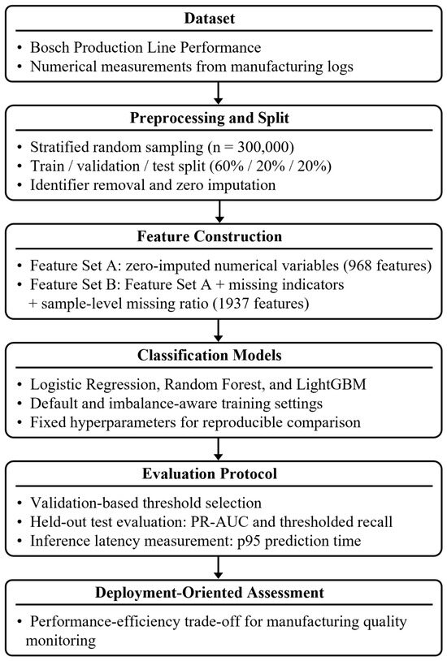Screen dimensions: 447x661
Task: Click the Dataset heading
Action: click(210, 19)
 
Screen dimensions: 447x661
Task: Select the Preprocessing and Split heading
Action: click(210, 118)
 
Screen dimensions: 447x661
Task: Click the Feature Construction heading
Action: click(210, 236)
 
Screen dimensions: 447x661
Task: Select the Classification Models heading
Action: click(210, 355)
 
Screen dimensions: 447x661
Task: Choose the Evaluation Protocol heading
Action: click(210, 473)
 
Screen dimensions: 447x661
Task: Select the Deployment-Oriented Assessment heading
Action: click(210, 592)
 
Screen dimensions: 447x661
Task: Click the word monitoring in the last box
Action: click(61, 641)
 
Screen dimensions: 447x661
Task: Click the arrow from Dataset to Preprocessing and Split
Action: click(219, 93)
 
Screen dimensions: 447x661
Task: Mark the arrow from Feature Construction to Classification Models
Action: click(219, 330)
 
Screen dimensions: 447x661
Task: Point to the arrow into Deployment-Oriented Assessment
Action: click(219, 568)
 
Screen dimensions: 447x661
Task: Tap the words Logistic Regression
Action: click(95, 384)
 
